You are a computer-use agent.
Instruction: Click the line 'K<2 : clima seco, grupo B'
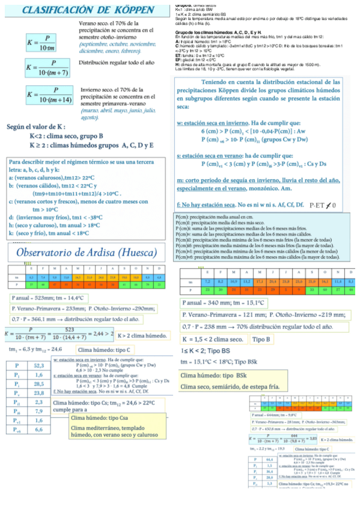pos(67,137)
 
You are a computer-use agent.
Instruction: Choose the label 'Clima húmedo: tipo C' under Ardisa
pos(105,349)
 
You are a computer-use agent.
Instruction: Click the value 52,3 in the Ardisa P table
pos(38,365)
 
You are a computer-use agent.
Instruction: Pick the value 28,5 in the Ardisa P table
pos(38,383)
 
